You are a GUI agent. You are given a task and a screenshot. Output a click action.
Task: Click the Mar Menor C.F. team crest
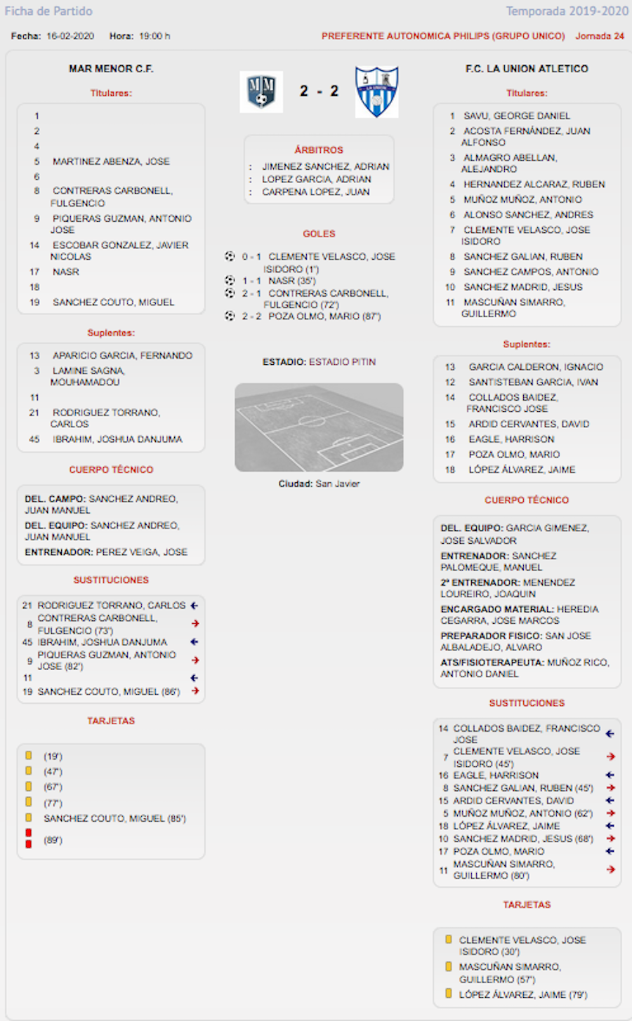pyautogui.click(x=261, y=91)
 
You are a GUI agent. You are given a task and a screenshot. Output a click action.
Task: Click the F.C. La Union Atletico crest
pyautogui.click(x=376, y=91)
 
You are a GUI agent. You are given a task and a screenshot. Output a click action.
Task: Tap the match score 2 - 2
pyautogui.click(x=319, y=91)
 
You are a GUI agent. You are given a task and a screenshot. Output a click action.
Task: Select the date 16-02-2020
pyautogui.click(x=70, y=36)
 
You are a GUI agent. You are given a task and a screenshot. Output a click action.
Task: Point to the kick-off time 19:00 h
pyautogui.click(x=154, y=36)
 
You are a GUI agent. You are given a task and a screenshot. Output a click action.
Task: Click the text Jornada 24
pyautogui.click(x=600, y=36)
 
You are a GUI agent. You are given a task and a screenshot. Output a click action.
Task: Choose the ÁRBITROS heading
pyautogui.click(x=319, y=150)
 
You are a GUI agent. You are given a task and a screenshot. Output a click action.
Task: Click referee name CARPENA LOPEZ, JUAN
pyautogui.click(x=316, y=192)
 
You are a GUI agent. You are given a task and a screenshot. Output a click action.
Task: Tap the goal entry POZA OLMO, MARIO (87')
pyautogui.click(x=324, y=316)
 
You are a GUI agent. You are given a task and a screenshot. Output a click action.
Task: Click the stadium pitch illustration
pyautogui.click(x=319, y=427)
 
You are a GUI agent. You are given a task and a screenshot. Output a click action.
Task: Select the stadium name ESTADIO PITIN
pyautogui.click(x=342, y=362)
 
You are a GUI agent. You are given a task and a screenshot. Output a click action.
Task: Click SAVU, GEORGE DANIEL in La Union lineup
pyautogui.click(x=517, y=116)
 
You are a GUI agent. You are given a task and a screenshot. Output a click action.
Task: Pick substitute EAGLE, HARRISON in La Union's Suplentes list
pyautogui.click(x=511, y=439)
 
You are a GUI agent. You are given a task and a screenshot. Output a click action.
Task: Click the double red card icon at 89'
pyautogui.click(x=28, y=839)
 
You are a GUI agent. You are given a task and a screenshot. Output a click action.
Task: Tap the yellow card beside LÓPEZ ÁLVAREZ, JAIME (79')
pyautogui.click(x=448, y=993)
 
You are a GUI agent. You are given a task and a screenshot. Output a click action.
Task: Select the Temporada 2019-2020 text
pyautogui.click(x=567, y=11)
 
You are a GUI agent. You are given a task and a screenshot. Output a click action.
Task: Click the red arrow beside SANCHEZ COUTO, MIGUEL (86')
pyautogui.click(x=195, y=691)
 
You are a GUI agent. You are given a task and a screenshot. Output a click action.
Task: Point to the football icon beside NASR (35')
pyautogui.click(x=230, y=281)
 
